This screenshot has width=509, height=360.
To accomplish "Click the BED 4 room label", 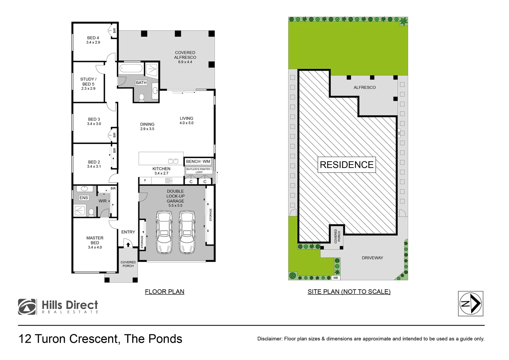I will (93, 38).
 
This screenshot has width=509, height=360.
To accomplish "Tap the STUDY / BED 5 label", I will (88, 82).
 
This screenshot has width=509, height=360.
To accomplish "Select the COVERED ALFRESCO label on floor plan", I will (185, 55).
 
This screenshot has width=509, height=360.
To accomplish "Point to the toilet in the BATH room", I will (142, 97).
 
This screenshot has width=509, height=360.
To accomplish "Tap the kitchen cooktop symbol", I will (169, 181).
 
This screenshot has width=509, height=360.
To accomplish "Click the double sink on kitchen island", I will (173, 161).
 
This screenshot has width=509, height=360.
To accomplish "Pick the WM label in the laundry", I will (207, 162).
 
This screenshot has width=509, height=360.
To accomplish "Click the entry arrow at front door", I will (128, 245).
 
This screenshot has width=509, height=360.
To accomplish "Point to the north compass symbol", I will (470, 303).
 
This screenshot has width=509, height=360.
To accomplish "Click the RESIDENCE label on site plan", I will (346, 165).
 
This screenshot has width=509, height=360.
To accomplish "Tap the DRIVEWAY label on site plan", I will (372, 258).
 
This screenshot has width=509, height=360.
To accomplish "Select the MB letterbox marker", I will (335, 278).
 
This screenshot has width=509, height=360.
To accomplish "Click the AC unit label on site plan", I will (398, 133).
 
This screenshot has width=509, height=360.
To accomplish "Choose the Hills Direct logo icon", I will (27, 307).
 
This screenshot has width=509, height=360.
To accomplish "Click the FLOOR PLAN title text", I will (165, 292).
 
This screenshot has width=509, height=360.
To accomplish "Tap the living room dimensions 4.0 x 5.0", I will (186, 123).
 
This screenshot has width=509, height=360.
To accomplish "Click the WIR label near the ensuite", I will (102, 201).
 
